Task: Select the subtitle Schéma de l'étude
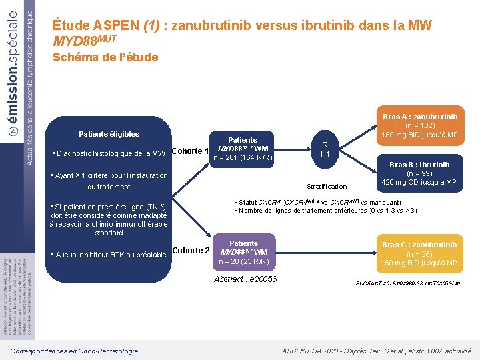pyautogui.click(x=105, y=57)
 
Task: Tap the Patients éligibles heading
pyautogui.click(x=109, y=134)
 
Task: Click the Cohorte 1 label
pyautogui.click(x=191, y=151)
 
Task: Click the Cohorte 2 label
pyautogui.click(x=191, y=251)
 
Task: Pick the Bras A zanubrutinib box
pyautogui.click(x=419, y=125)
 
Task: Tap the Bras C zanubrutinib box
pyautogui.click(x=419, y=253)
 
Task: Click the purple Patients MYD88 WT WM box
pyautogui.click(x=243, y=252)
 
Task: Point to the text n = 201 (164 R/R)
pyautogui.click(x=243, y=158)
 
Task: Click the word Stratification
pyautogui.click(x=327, y=186)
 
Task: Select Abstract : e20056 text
pyautogui.click(x=245, y=279)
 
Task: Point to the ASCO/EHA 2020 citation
pyautogui.click(x=376, y=351)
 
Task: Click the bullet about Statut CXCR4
pyautogui.click(x=317, y=202)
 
